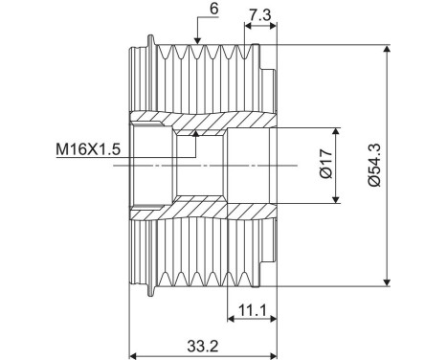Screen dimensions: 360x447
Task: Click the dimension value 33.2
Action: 203,343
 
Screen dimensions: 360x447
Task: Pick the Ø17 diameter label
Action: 324,165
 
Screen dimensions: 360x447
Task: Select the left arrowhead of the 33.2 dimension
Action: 135,353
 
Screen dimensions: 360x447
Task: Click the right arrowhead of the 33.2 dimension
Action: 273,353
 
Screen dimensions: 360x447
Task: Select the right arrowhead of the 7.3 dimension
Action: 273,26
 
